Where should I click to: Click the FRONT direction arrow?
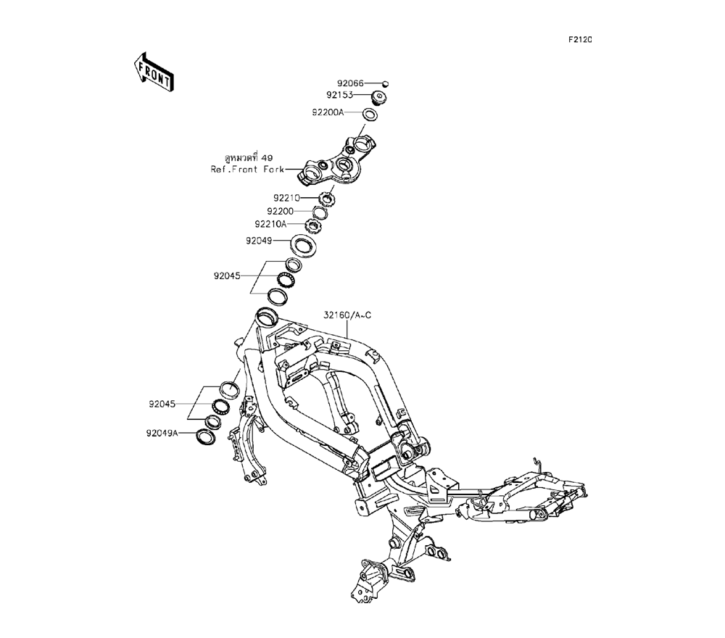point(152,70)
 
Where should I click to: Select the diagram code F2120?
point(579,40)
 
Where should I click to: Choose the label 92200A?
point(328,113)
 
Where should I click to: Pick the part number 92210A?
point(271,225)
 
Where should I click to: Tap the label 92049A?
point(162,434)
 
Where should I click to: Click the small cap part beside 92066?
point(386,85)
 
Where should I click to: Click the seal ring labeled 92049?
point(303,244)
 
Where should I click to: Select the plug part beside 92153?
point(379,97)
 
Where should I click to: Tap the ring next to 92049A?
point(205,437)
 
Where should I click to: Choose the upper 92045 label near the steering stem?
point(228,276)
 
